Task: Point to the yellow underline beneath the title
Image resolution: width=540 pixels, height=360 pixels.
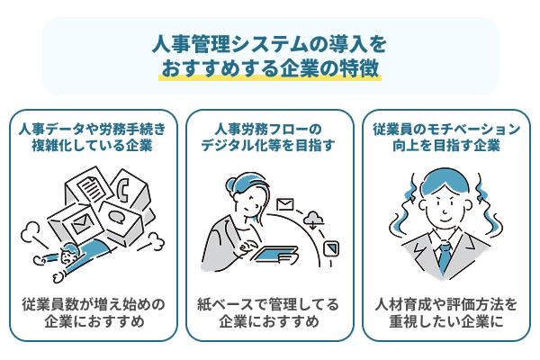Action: [x=270, y=77]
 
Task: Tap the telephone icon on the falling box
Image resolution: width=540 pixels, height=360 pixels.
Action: [x=123, y=190]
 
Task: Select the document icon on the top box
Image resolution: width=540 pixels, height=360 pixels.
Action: [x=91, y=188]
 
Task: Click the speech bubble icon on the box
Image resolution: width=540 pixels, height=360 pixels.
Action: [x=117, y=217]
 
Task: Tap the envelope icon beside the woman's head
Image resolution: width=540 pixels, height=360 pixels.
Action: [x=285, y=204]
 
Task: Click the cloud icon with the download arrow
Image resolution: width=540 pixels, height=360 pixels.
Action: [x=312, y=220]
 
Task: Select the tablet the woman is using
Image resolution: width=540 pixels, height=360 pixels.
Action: [x=275, y=254]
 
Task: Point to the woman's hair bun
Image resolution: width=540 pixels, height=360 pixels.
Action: [x=230, y=184]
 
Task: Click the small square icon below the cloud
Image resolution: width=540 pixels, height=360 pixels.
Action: [x=331, y=248]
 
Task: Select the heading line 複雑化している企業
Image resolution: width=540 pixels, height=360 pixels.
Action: [x=92, y=146]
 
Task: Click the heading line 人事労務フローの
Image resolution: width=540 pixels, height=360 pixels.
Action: [x=268, y=130]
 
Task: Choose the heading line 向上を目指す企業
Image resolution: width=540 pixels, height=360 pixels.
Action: [x=446, y=146]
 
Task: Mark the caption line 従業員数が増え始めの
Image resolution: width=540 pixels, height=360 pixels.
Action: [x=94, y=304]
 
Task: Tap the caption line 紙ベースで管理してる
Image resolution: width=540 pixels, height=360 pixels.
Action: [x=268, y=304]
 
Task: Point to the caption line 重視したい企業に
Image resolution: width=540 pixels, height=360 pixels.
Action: [x=446, y=322]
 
